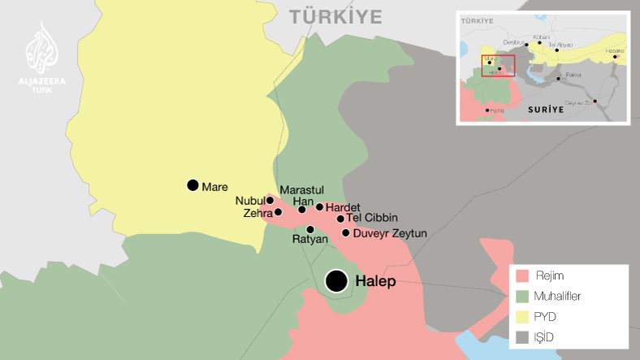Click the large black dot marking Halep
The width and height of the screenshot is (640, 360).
(x=336, y=281)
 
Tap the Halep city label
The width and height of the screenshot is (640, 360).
(x=375, y=282)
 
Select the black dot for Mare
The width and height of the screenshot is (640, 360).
(x=192, y=185)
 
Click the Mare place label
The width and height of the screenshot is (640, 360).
(x=214, y=186)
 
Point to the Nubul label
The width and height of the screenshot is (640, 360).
(x=249, y=200)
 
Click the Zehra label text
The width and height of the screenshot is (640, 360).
(x=257, y=213)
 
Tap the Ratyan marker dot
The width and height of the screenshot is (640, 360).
(x=310, y=229)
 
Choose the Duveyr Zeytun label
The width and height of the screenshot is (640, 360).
(x=390, y=233)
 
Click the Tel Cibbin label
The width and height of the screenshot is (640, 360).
(x=372, y=218)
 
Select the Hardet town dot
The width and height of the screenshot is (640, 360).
(x=320, y=207)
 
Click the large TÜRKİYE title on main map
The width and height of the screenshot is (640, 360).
(x=336, y=15)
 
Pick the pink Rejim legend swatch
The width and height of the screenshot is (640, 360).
(x=522, y=275)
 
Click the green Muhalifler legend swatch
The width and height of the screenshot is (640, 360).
(x=522, y=296)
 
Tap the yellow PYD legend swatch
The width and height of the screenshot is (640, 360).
(x=522, y=316)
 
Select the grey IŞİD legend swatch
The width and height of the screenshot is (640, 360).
(x=522, y=336)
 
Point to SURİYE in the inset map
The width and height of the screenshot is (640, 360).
(x=546, y=109)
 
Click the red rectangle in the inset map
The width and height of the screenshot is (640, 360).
(x=498, y=66)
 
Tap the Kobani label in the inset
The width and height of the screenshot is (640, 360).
(x=541, y=37)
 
